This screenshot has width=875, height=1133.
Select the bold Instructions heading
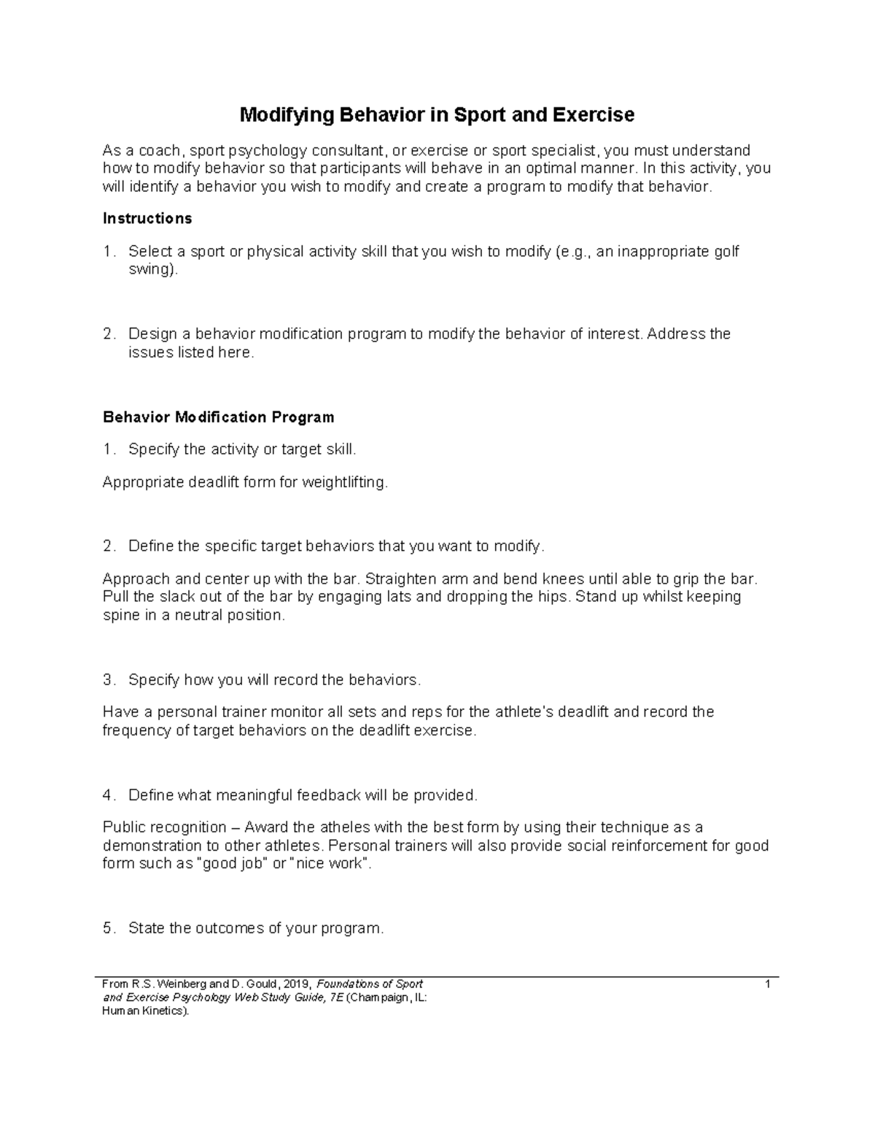(147, 219)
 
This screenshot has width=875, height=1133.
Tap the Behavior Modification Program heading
(218, 417)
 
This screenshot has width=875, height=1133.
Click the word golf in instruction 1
(726, 252)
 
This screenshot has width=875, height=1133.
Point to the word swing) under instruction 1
(152, 270)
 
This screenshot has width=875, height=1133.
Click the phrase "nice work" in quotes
(330, 865)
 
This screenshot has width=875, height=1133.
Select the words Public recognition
(165, 827)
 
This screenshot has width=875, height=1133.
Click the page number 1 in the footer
(768, 984)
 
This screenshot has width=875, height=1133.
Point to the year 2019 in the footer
(297, 984)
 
